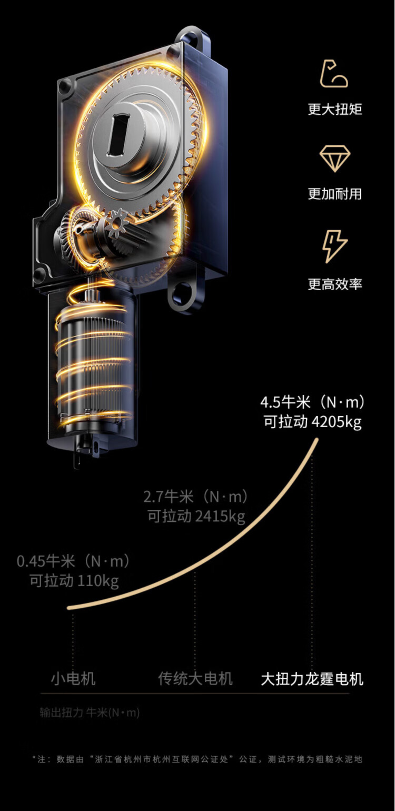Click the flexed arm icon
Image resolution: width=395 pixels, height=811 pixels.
tap(335, 74)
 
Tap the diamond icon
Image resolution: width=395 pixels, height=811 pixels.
tap(335, 158)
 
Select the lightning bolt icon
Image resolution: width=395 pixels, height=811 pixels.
tap(335, 246)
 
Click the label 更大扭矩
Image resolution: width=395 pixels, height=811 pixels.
tap(335, 109)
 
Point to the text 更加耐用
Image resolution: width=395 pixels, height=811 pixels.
tap(335, 194)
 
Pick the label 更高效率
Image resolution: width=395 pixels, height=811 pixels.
tap(335, 284)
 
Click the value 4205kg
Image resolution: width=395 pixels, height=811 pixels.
tap(337, 422)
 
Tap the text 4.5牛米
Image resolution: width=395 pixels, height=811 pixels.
tap(284, 403)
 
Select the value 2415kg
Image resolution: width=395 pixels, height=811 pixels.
tap(220, 517)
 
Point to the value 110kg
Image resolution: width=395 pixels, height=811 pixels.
tap(98, 581)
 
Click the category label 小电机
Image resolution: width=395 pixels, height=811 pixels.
tap(73, 679)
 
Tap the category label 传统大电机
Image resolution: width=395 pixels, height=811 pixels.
tap(195, 679)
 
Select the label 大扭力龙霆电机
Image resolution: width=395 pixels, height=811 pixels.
tap(312, 679)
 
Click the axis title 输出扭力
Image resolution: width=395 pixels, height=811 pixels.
tap(61, 713)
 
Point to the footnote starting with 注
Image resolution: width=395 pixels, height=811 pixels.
tap(197, 759)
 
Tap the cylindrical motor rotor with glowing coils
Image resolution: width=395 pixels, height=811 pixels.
tap(93, 363)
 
